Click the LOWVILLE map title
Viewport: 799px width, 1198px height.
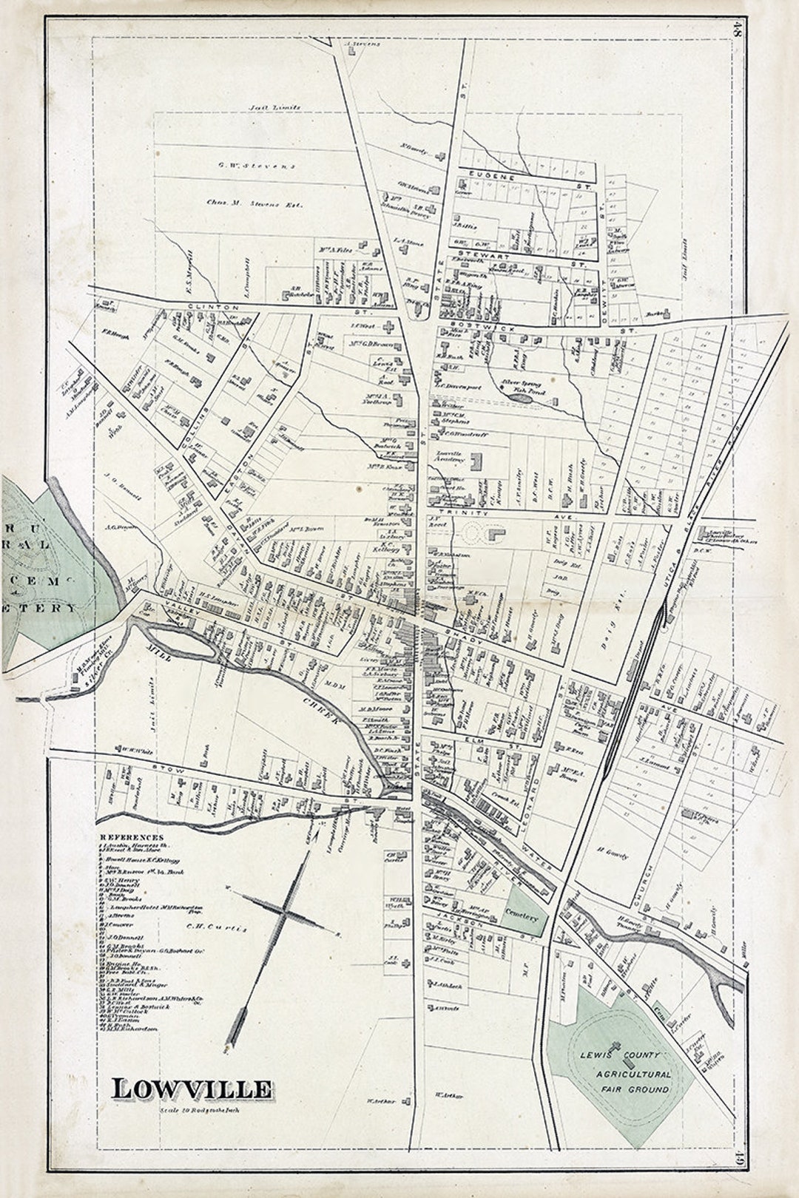pos(192,1089)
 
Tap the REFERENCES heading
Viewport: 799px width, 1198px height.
pos(132,837)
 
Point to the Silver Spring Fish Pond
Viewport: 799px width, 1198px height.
pos(522,388)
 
